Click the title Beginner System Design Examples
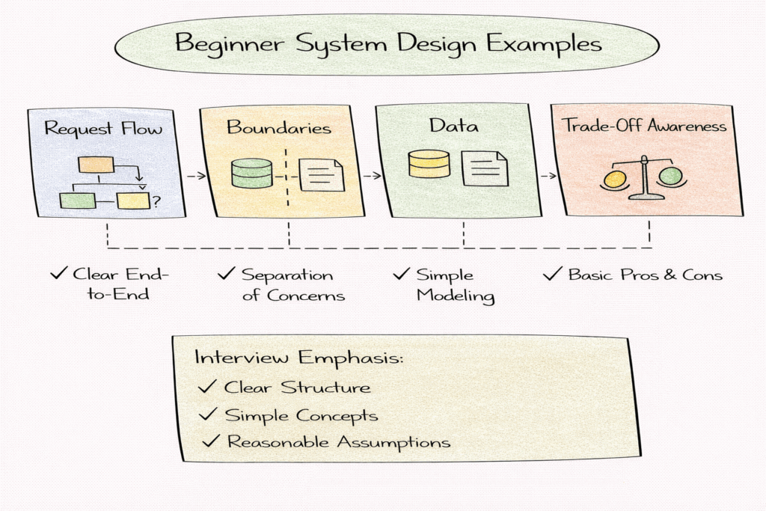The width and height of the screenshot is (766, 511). click(x=387, y=43)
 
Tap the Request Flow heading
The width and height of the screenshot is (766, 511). click(x=103, y=128)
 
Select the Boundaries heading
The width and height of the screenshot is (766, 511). click(x=279, y=127)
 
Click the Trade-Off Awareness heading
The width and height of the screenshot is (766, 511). click(x=644, y=126)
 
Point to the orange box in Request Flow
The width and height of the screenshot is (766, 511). click(x=96, y=165)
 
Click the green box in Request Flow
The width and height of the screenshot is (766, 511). click(x=78, y=201)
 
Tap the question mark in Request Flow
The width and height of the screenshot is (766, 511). click(x=156, y=200)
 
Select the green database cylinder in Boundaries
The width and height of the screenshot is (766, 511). click(x=252, y=173)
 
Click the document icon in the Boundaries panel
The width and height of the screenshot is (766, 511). click(x=322, y=175)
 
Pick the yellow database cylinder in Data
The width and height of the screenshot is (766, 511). click(x=429, y=164)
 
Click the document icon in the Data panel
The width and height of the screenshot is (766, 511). click(x=484, y=168)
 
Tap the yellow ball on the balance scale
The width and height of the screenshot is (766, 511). click(x=615, y=179)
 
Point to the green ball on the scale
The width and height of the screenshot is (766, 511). click(x=671, y=177)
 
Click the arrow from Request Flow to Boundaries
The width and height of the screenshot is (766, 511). click(x=195, y=176)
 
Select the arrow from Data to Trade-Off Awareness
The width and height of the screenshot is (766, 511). click(x=547, y=176)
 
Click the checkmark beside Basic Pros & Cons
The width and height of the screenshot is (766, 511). click(x=552, y=274)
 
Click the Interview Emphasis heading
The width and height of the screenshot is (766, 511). click(x=299, y=357)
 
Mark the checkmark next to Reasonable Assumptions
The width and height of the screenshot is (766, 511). click(x=211, y=441)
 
